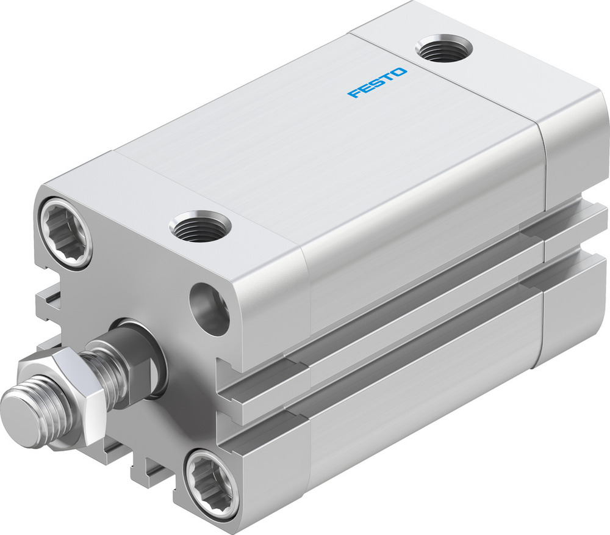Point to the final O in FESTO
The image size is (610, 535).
[400, 73]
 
